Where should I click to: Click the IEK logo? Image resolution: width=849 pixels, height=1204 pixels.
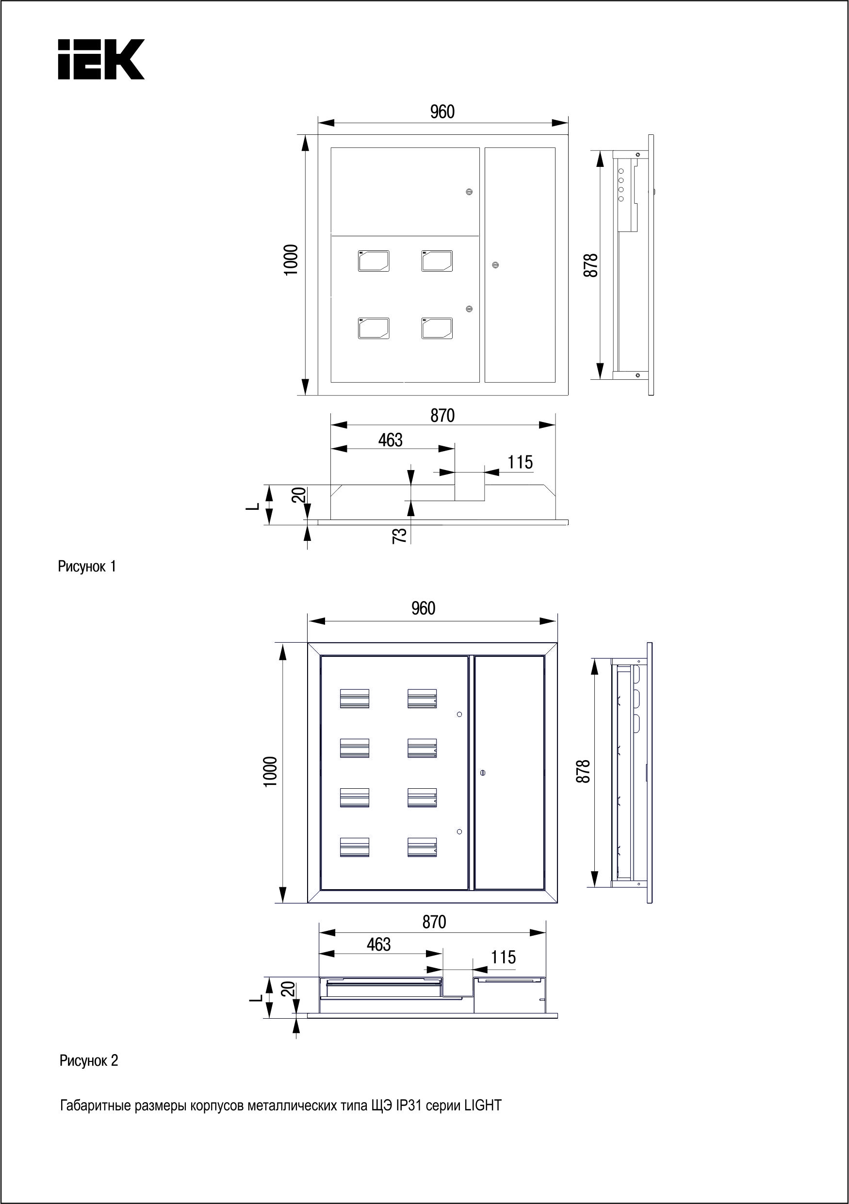click(x=101, y=59)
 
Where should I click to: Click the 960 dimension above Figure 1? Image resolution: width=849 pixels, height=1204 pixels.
click(x=442, y=112)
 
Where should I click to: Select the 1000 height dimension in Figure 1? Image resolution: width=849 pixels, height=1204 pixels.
click(x=291, y=260)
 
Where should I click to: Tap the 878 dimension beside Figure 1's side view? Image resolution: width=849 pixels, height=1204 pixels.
click(x=590, y=265)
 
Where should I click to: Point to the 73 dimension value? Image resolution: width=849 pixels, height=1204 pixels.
click(x=400, y=535)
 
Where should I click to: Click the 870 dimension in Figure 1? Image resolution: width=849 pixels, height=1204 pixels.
click(x=442, y=415)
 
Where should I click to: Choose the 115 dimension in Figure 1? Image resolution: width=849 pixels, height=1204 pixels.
click(x=520, y=462)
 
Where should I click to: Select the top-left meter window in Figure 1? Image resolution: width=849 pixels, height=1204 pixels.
click(x=374, y=260)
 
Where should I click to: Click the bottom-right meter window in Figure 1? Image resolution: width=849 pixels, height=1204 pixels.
click(x=436, y=328)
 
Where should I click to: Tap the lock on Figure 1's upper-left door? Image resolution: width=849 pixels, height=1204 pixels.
click(x=469, y=192)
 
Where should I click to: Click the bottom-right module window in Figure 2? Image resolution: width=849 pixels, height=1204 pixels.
click(x=422, y=847)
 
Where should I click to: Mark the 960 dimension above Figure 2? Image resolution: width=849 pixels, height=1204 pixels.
click(x=423, y=608)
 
